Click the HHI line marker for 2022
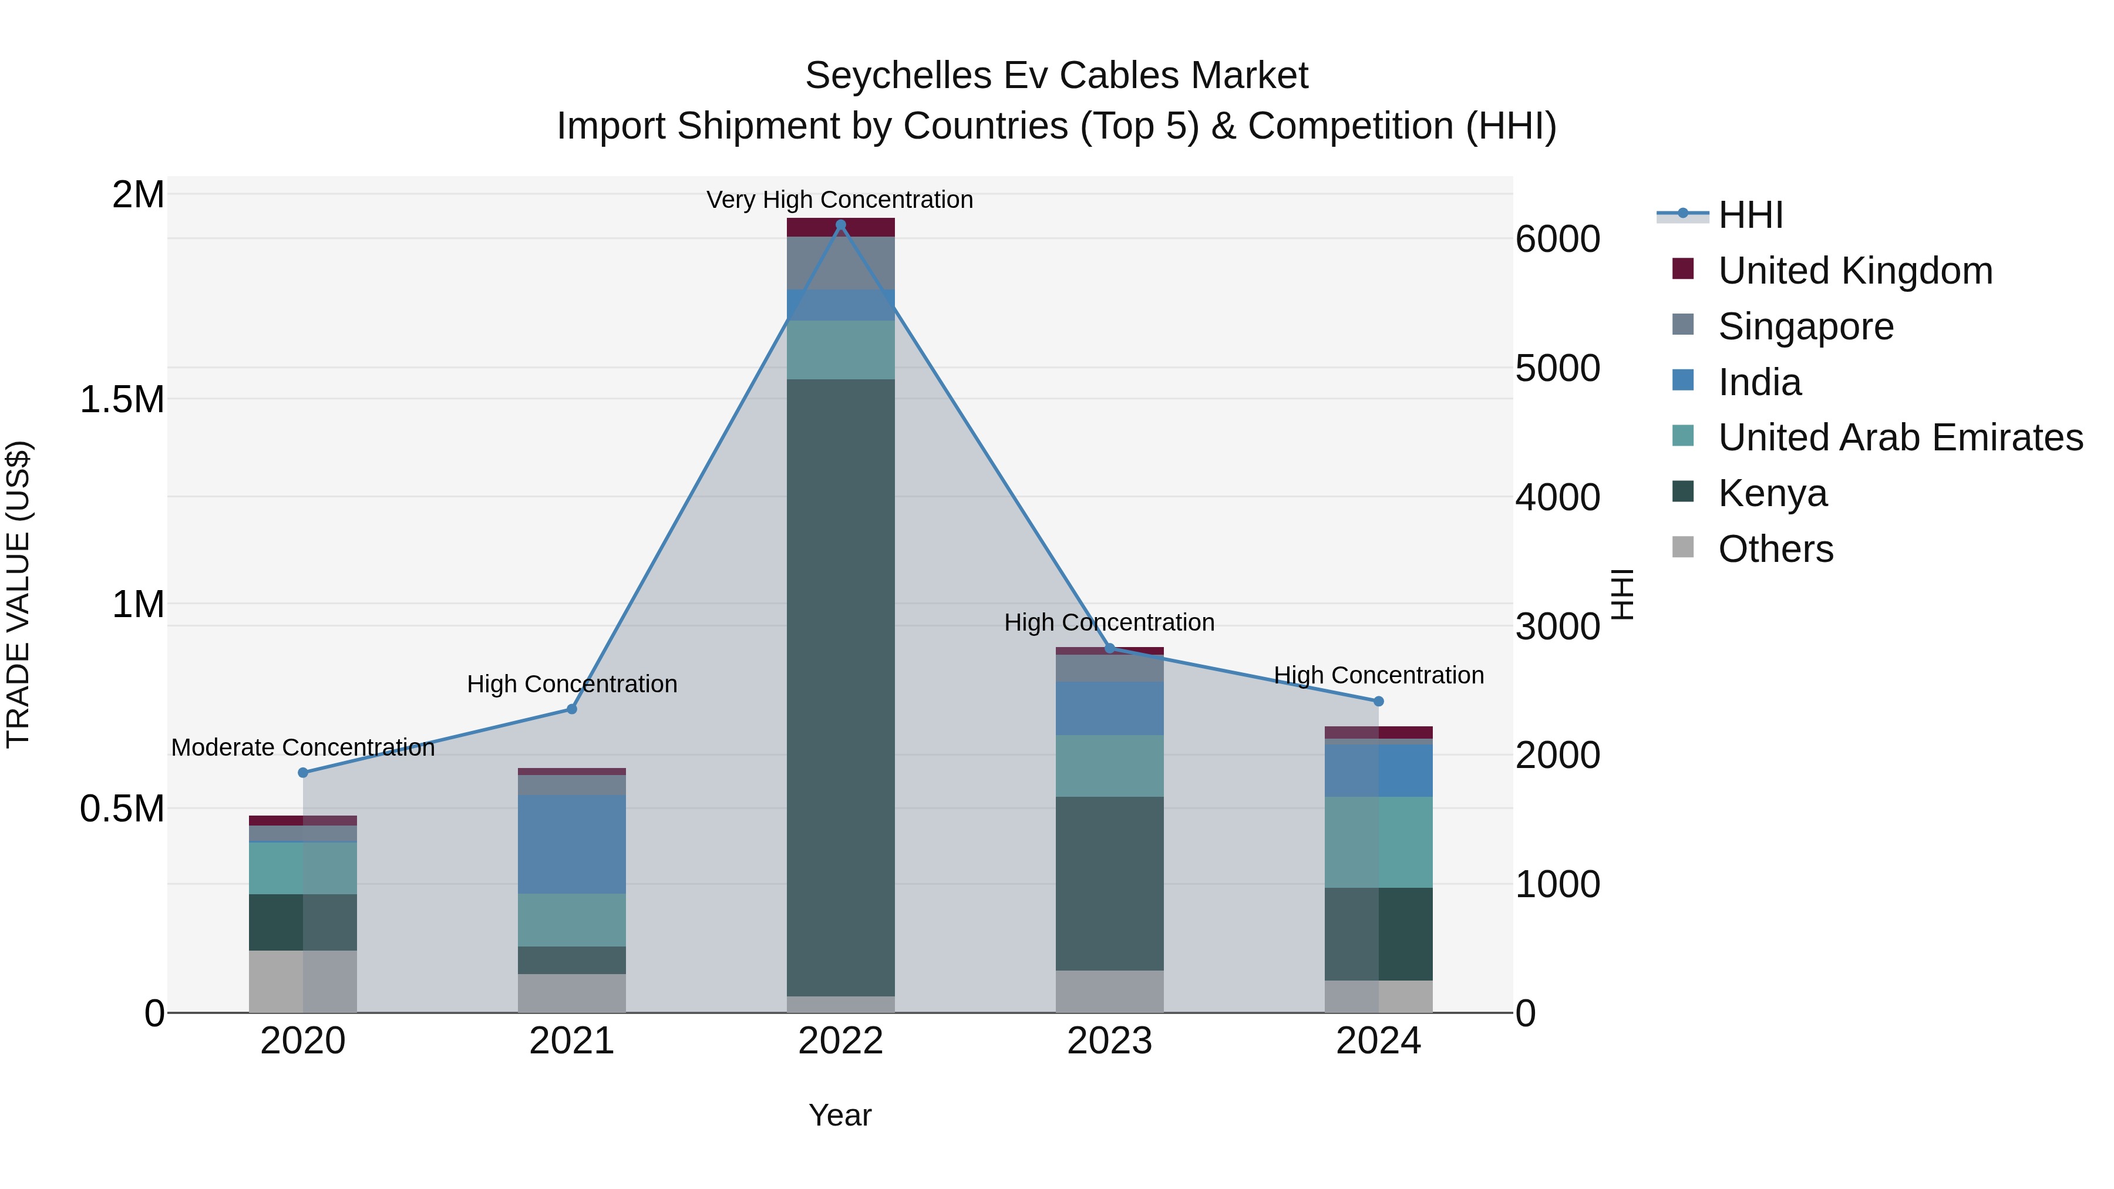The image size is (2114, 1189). coord(840,225)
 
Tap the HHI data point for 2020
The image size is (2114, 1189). coord(303,772)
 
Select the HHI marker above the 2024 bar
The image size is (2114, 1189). coord(1379,700)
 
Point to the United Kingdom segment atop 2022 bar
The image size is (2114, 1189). coord(840,227)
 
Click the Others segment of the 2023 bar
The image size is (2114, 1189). coord(1109,991)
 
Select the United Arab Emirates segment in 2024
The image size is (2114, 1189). coord(1379,842)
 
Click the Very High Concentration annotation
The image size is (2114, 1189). coord(840,200)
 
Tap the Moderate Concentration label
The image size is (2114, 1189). coord(303,747)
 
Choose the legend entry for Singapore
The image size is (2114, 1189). coord(1806,326)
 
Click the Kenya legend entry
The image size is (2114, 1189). coord(1773,493)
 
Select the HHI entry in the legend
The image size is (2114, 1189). coord(1750,215)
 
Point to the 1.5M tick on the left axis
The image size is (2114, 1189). coord(122,400)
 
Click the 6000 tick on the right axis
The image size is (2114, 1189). coord(1557,239)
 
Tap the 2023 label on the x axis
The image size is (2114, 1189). coord(1109,1041)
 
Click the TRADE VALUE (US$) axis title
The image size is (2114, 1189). coord(18,594)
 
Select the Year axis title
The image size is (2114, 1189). coord(840,1115)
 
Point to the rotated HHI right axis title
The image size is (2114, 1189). coord(1622,594)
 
